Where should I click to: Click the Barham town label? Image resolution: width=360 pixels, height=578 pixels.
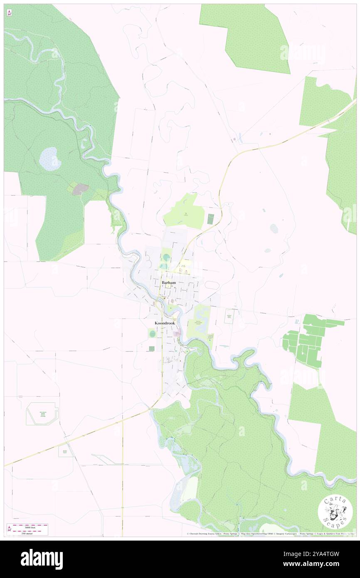coord(168,283)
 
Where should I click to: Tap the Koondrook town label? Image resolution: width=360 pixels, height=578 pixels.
coord(164,323)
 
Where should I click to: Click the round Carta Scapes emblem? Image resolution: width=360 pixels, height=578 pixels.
coord(335,511)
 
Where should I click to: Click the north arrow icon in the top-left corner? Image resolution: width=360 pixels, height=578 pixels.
coord(9,12)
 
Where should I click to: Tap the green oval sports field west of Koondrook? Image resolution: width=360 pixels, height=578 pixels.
coord(152,333)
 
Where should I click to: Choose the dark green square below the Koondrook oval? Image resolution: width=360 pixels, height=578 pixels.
coord(151,348)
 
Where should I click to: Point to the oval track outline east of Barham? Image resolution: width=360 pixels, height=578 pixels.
coord(211,285)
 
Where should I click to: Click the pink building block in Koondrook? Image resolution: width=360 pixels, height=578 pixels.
coord(178,333)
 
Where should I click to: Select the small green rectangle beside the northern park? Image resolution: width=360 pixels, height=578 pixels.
coord(210,217)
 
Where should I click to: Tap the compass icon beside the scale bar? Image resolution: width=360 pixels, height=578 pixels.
coord(9,529)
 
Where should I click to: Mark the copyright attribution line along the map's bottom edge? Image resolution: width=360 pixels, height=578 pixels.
coord(270,534)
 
